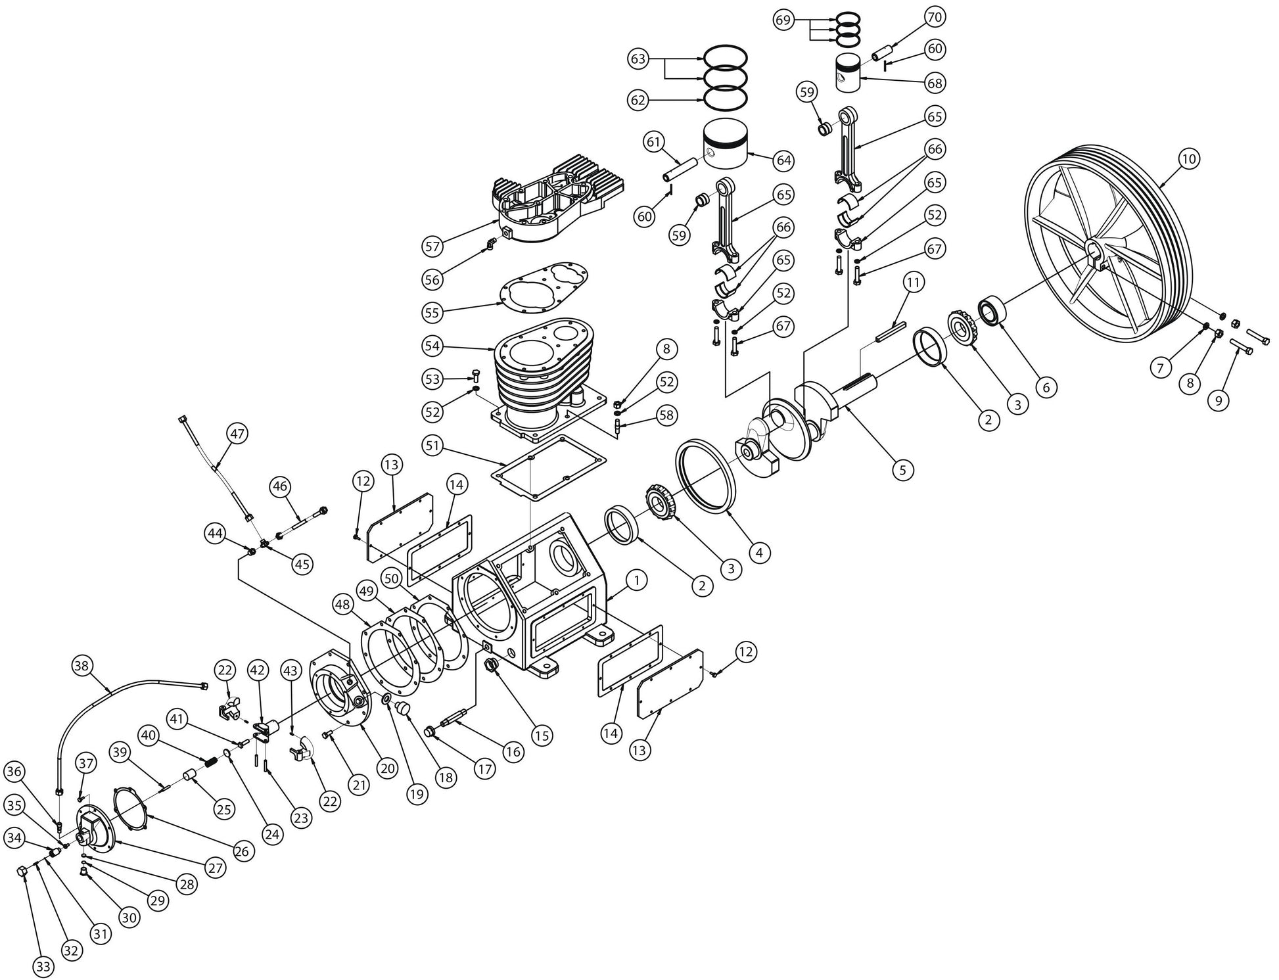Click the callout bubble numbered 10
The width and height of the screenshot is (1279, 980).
(1188, 158)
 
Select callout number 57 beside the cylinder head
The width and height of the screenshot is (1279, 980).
(432, 246)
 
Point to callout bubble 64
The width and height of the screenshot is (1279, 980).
(783, 160)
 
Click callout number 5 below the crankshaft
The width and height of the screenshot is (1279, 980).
(902, 470)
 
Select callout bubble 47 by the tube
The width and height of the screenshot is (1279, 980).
(237, 434)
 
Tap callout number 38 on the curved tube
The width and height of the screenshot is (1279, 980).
(81, 666)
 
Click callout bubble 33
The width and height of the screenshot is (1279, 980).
(43, 967)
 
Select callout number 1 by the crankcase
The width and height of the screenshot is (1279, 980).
(636, 581)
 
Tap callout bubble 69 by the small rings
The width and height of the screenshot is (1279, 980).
(783, 20)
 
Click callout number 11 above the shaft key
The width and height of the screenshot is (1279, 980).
(913, 283)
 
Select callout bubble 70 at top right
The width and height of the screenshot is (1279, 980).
(934, 16)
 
